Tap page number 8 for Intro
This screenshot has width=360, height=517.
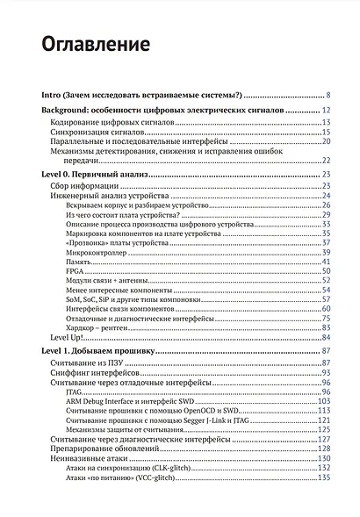coord(327,95)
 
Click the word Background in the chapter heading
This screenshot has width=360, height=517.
coord(73,111)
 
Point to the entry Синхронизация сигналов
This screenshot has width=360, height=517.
coord(91,132)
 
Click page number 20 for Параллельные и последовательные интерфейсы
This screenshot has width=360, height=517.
coord(325,141)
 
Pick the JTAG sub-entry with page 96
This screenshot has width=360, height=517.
coord(74,392)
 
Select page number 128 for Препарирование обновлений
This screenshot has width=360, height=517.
coord(323,449)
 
